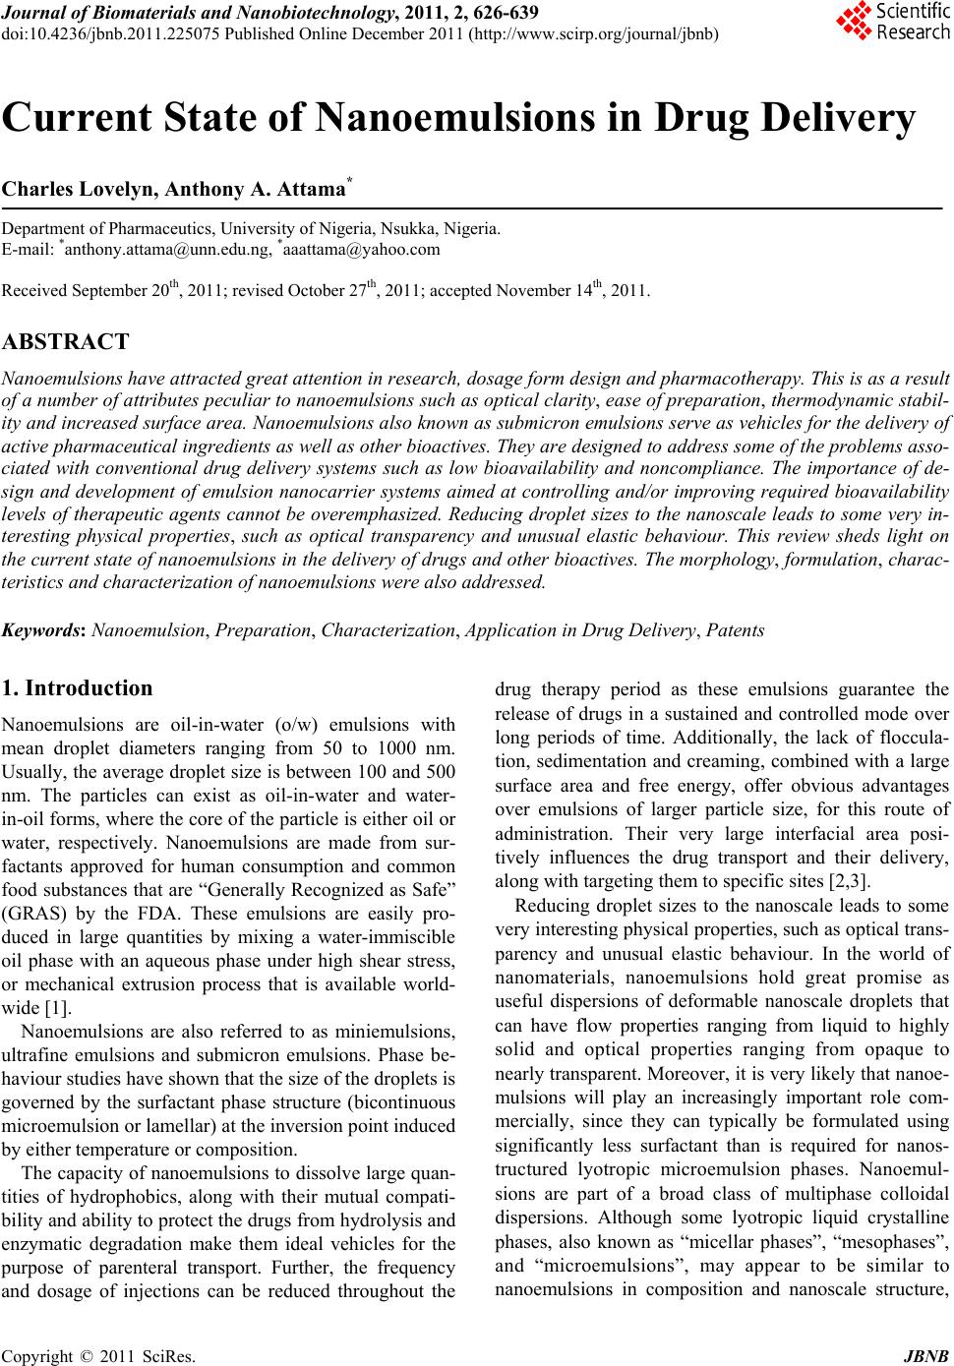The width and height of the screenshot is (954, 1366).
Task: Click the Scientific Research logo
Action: coord(892,22)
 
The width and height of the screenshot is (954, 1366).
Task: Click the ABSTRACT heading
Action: coord(66,342)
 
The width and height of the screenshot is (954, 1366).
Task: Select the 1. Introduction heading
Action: coord(78,688)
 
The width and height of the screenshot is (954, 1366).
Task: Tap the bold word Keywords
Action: coord(43,630)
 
